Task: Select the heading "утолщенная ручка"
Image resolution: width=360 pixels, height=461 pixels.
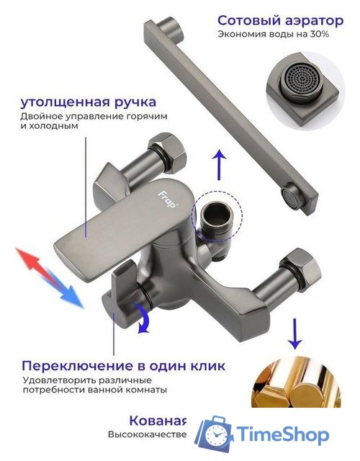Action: [89, 102]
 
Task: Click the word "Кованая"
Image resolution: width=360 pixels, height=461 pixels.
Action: [157, 421]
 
